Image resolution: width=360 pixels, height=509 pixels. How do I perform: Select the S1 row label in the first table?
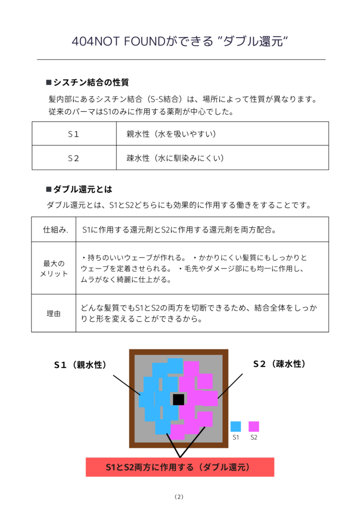point(74,134)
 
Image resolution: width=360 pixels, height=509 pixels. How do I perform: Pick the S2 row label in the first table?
point(74,158)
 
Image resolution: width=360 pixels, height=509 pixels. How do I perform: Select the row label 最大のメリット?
point(54,268)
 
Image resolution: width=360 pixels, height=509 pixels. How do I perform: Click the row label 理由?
point(54,314)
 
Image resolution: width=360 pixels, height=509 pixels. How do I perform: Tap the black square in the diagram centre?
point(178,399)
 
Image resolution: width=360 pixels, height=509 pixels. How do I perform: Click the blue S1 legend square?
point(236,426)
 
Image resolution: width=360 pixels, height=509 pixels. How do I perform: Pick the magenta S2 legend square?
point(254,426)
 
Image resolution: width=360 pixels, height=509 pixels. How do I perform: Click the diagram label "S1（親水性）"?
point(81,365)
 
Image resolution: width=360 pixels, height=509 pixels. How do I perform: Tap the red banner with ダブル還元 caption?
point(180,467)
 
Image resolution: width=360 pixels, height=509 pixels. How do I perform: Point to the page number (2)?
point(180,496)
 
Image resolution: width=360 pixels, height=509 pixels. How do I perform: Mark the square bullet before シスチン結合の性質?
point(49,82)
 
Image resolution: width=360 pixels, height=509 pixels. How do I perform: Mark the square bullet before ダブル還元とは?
point(49,189)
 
